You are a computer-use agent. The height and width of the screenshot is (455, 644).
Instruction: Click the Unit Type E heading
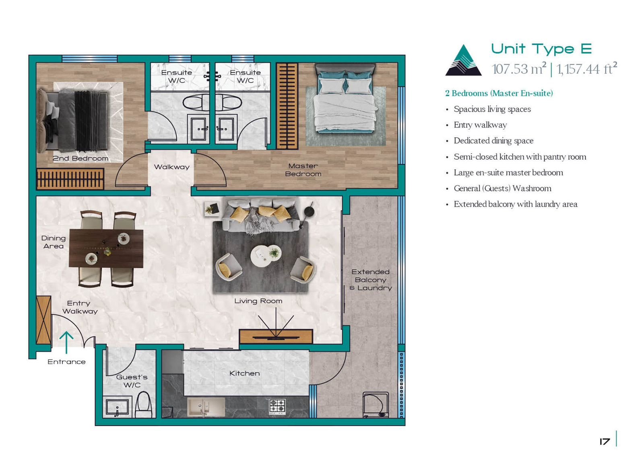[x=541, y=49]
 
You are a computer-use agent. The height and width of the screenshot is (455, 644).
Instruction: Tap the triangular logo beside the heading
[x=463, y=60]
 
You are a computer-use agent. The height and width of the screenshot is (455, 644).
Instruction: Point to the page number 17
[x=605, y=441]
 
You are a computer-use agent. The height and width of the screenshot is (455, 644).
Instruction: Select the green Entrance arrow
[x=66, y=342]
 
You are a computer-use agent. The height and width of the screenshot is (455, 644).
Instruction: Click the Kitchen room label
[x=244, y=373]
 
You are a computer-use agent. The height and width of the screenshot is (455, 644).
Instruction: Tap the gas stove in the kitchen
[x=277, y=406]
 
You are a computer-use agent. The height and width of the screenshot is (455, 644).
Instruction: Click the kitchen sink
[x=206, y=407]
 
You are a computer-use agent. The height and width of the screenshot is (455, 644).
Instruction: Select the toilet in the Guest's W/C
[x=143, y=404]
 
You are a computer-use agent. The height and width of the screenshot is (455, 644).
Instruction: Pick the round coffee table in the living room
[x=266, y=256]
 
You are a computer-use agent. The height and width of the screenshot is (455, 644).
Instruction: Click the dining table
[x=106, y=248]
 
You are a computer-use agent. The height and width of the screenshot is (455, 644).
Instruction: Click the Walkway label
[x=171, y=167]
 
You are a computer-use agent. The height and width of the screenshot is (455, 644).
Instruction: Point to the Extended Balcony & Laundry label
[x=371, y=280]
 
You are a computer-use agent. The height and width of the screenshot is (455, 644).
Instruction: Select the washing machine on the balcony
[x=376, y=405]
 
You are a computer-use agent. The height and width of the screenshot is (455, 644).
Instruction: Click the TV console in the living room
[x=276, y=336]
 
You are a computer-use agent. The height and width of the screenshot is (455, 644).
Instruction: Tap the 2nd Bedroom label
[x=80, y=158]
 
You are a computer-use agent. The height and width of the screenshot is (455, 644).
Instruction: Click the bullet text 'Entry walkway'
[x=480, y=125]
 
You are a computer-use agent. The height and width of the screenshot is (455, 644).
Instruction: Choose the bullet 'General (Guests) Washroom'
[x=503, y=189]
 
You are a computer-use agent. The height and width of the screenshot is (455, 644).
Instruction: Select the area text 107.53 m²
[x=519, y=68]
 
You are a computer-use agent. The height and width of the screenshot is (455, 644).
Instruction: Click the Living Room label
[x=258, y=301]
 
